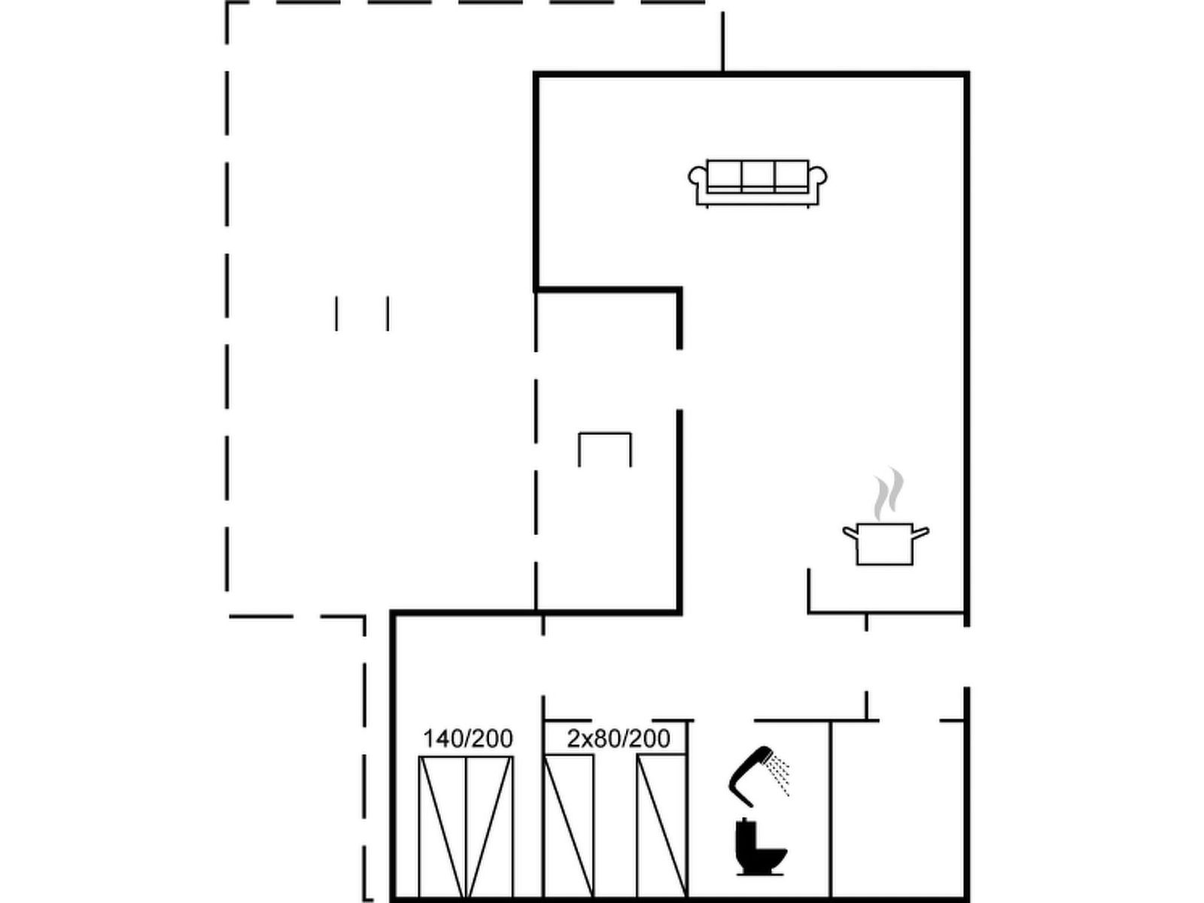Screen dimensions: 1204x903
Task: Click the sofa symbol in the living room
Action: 758,184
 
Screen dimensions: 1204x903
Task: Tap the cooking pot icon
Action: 885,544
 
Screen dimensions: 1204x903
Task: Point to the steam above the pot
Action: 888,494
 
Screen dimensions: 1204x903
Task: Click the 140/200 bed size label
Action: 467,738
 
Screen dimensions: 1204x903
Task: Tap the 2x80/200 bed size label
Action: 619,738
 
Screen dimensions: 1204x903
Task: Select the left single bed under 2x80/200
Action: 569,827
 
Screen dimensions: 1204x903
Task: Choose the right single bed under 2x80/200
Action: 661,827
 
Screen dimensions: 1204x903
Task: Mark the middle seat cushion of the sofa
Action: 758,175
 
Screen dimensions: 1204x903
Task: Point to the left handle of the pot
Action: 850,532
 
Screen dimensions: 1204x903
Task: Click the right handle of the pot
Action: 921,532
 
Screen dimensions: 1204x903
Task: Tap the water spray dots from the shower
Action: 779,774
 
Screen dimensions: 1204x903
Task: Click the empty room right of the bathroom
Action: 898,810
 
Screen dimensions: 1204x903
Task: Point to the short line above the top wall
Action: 722,42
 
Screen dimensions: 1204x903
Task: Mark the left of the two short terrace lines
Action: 336,314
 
